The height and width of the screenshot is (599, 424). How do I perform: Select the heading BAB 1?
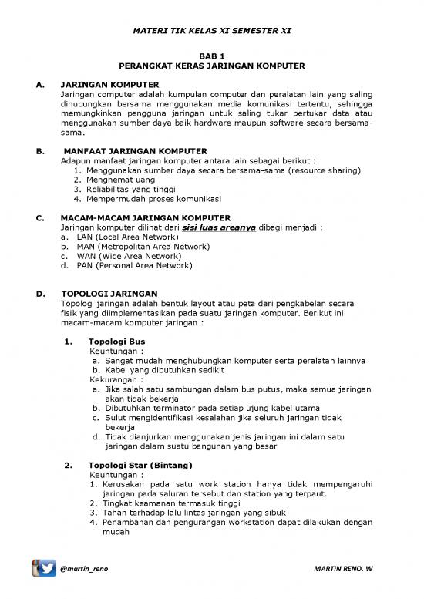coord(211,56)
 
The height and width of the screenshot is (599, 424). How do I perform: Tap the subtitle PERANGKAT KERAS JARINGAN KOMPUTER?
coord(211,67)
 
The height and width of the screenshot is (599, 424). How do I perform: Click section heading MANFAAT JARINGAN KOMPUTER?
coord(135,150)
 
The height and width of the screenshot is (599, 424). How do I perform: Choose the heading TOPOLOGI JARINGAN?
coord(109,294)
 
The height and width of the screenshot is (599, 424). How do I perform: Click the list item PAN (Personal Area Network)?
coord(134,265)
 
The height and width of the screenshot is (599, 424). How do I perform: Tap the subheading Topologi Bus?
coord(116,341)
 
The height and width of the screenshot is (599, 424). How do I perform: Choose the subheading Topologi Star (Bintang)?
coord(140,466)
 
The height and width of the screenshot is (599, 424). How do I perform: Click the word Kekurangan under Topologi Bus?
coord(116,379)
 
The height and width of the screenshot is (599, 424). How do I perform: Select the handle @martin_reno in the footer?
coord(85,570)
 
